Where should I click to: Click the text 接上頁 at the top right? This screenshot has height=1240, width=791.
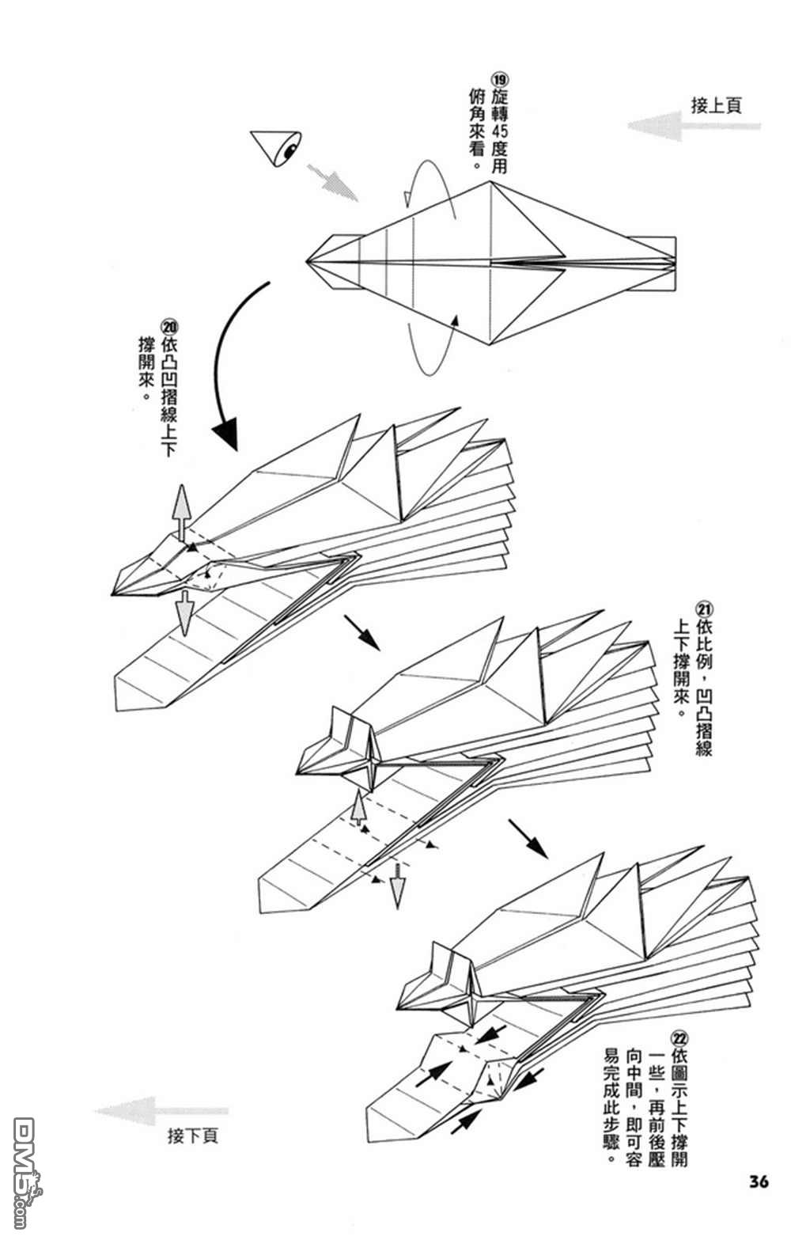click(716, 106)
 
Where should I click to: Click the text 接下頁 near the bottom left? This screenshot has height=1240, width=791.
click(192, 1136)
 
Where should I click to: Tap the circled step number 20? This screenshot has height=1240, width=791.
click(169, 326)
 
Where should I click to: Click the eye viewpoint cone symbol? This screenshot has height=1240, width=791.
click(275, 148)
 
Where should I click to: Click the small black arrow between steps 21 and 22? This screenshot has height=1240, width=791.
click(528, 839)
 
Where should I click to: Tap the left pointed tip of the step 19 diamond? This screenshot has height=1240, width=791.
click(308, 260)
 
